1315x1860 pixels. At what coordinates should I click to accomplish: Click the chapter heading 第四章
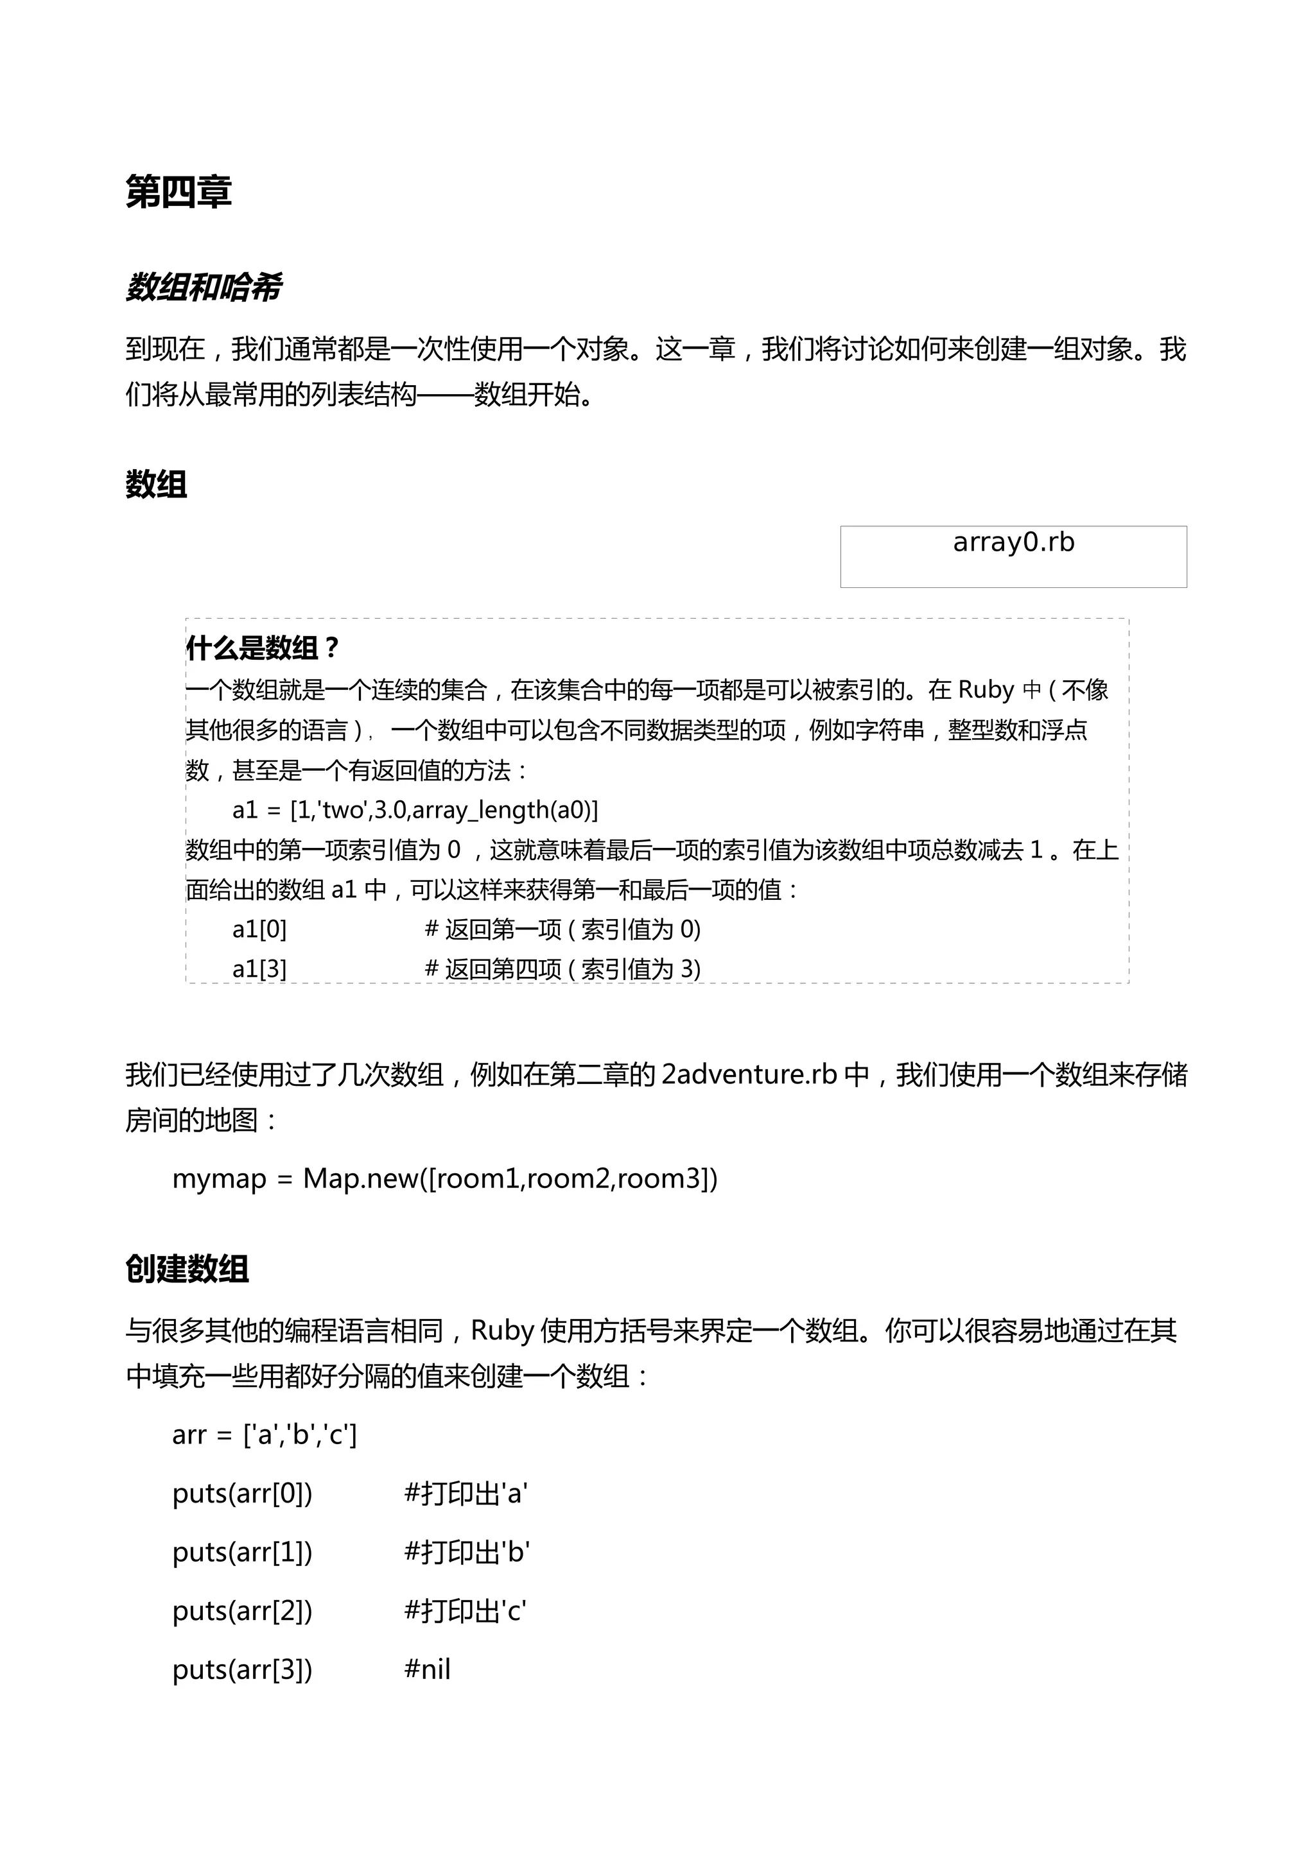pyautogui.click(x=179, y=193)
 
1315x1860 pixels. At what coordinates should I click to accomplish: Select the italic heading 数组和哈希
pyautogui.click(x=204, y=288)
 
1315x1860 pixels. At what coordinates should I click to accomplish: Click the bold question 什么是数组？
pyautogui.click(x=262, y=648)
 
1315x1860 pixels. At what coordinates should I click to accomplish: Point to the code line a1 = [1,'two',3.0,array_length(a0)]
pyautogui.click(x=415, y=809)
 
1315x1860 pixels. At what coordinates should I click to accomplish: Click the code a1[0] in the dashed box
pyautogui.click(x=259, y=929)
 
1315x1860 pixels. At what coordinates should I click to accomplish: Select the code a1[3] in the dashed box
pyautogui.click(x=259, y=969)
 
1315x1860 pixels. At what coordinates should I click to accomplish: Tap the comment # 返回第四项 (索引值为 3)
pyautogui.click(x=562, y=969)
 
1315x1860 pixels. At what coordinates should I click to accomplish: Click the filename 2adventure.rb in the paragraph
pyautogui.click(x=749, y=1074)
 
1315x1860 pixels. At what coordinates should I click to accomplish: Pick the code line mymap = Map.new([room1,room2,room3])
pyautogui.click(x=445, y=1178)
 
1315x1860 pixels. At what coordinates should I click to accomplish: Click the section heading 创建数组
pyautogui.click(x=187, y=1269)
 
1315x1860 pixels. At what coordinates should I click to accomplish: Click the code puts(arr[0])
pyautogui.click(x=242, y=1493)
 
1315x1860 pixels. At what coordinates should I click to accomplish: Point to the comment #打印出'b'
pyautogui.click(x=467, y=1552)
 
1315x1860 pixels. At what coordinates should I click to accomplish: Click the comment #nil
pyautogui.click(x=427, y=1669)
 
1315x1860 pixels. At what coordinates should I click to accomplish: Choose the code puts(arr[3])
pyautogui.click(x=242, y=1669)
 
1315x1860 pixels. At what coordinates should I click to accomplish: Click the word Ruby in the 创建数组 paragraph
pyautogui.click(x=501, y=1331)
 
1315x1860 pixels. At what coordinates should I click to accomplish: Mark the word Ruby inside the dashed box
pyautogui.click(x=986, y=689)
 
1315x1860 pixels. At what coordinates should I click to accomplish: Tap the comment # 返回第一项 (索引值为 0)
pyautogui.click(x=562, y=929)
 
